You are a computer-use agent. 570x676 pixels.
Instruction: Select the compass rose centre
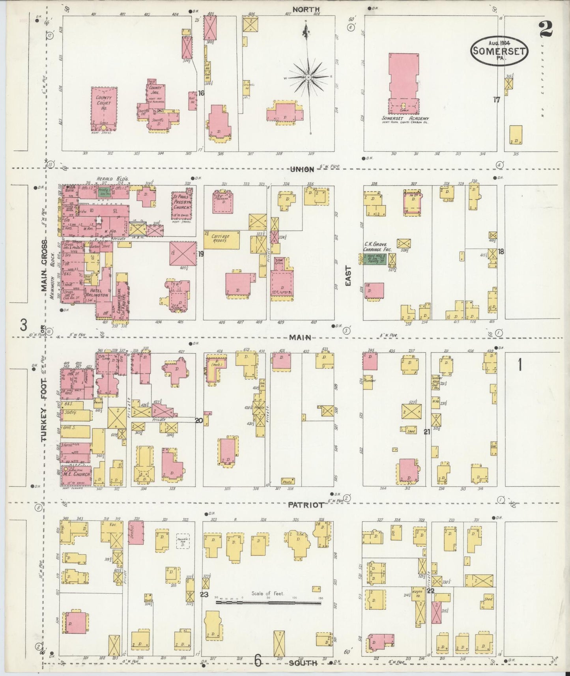point(308,77)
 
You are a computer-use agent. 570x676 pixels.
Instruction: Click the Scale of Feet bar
point(268,603)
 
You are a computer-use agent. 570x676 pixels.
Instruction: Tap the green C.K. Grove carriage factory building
point(375,259)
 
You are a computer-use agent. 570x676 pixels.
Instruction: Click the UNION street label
point(302,169)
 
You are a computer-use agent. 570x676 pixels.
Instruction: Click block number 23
point(204,594)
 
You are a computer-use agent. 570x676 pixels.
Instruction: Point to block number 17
point(496,100)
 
